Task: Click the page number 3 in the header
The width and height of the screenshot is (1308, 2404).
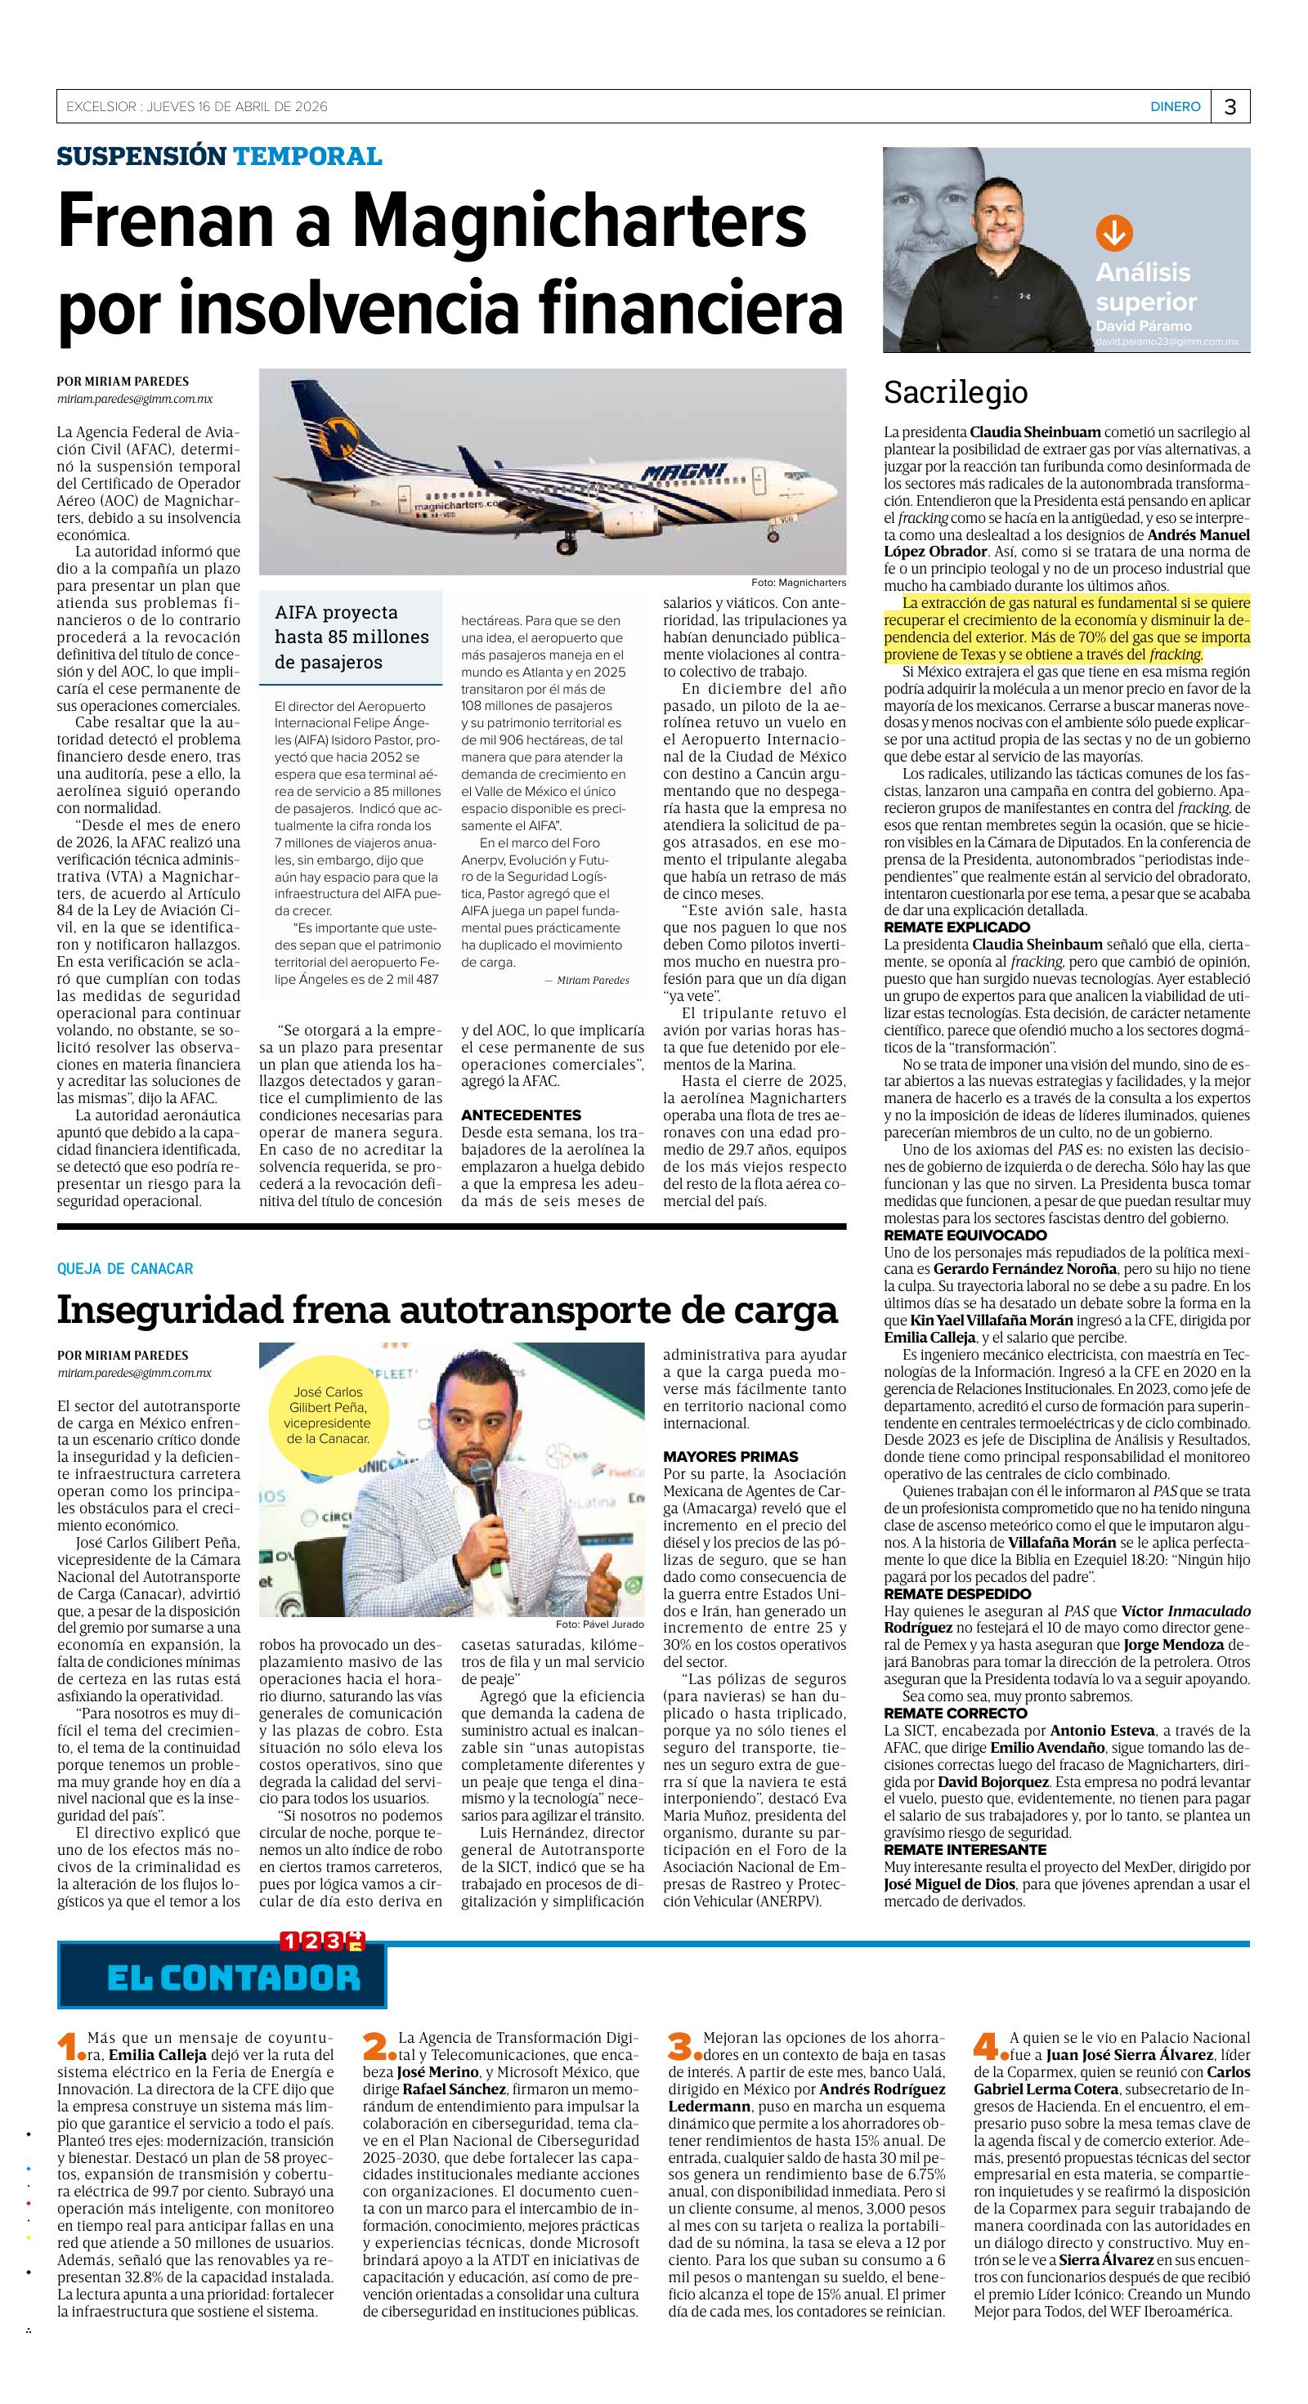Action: [1230, 107]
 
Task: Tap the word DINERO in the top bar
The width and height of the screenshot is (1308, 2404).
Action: [1175, 107]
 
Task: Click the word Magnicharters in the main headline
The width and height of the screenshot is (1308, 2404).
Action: [580, 221]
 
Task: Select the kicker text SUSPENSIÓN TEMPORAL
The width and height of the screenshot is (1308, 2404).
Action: [219, 156]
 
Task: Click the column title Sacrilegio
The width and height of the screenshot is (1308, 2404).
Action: [955, 393]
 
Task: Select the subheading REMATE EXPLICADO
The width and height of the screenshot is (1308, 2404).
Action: [957, 927]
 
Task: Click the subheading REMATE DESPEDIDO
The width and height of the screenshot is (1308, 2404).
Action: [957, 1594]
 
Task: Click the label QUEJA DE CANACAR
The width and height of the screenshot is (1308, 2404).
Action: [125, 1268]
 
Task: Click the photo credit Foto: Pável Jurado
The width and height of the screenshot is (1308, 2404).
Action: [598, 1624]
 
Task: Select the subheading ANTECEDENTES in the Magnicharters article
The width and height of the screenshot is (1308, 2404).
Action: [521, 1115]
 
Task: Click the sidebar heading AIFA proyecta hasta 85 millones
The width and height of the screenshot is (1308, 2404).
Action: [351, 637]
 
